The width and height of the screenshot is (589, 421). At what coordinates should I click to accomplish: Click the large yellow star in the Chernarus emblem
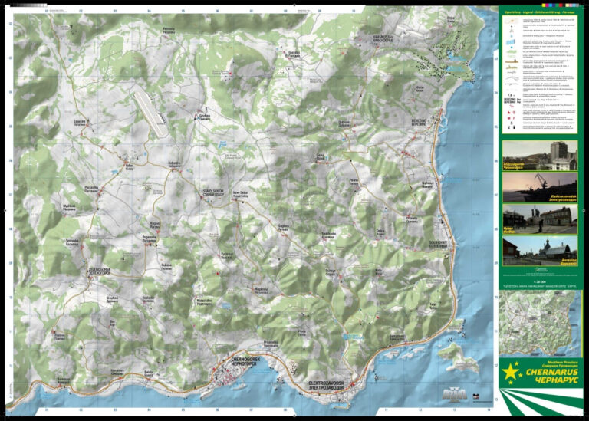[510, 375]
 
